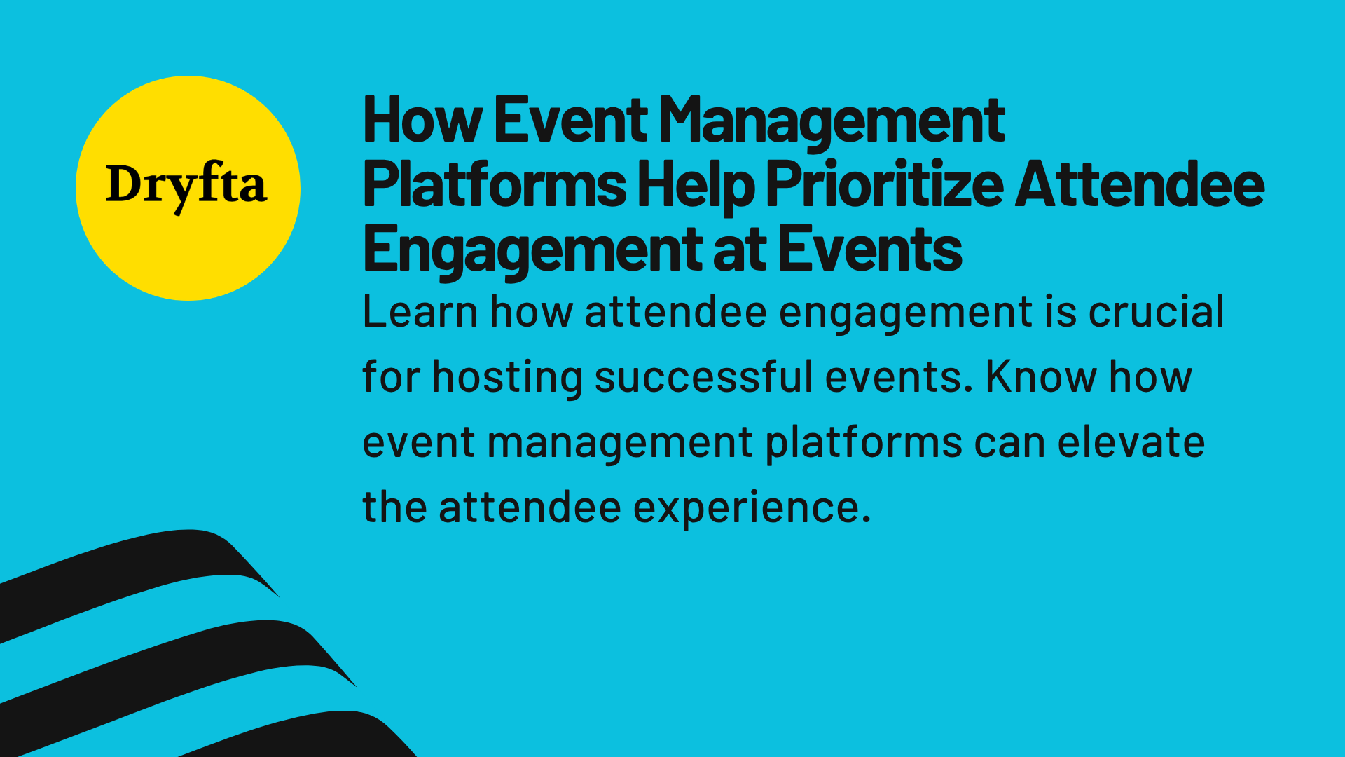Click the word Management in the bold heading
pyautogui.click(x=832, y=121)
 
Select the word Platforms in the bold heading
pyautogui.click(x=495, y=185)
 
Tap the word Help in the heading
pyautogui.click(x=696, y=185)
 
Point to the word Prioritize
pyautogui.click(x=885, y=185)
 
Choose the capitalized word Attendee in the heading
pyautogui.click(x=1140, y=185)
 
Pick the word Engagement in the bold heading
pyautogui.click(x=532, y=250)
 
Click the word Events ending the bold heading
pyautogui.click(x=870, y=250)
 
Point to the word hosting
pyautogui.click(x=507, y=378)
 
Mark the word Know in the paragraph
pyautogui.click(x=1041, y=377)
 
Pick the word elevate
pyautogui.click(x=1131, y=443)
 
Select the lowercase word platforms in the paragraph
pyautogui.click(x=864, y=443)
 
